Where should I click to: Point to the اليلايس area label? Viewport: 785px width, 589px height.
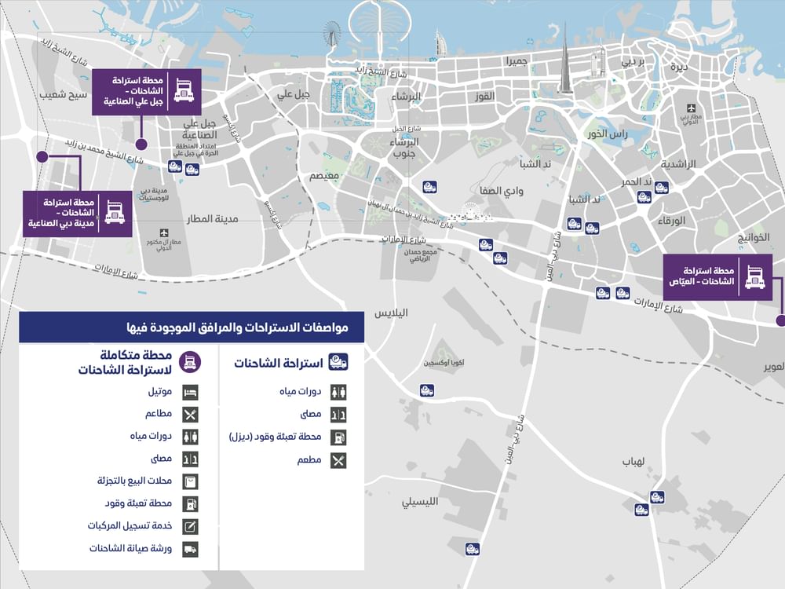tap(392, 313)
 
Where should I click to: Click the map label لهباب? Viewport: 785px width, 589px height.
tap(633, 461)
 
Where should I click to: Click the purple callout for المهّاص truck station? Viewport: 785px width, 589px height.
tap(717, 276)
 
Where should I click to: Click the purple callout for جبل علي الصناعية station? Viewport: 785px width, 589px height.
tap(146, 92)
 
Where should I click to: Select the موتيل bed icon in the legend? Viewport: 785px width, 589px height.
tap(190, 392)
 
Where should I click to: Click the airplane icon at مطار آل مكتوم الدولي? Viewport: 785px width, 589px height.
tap(164, 232)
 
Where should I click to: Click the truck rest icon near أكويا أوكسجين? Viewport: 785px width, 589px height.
tap(427, 390)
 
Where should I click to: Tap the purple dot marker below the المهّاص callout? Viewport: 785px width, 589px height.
tap(780, 320)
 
